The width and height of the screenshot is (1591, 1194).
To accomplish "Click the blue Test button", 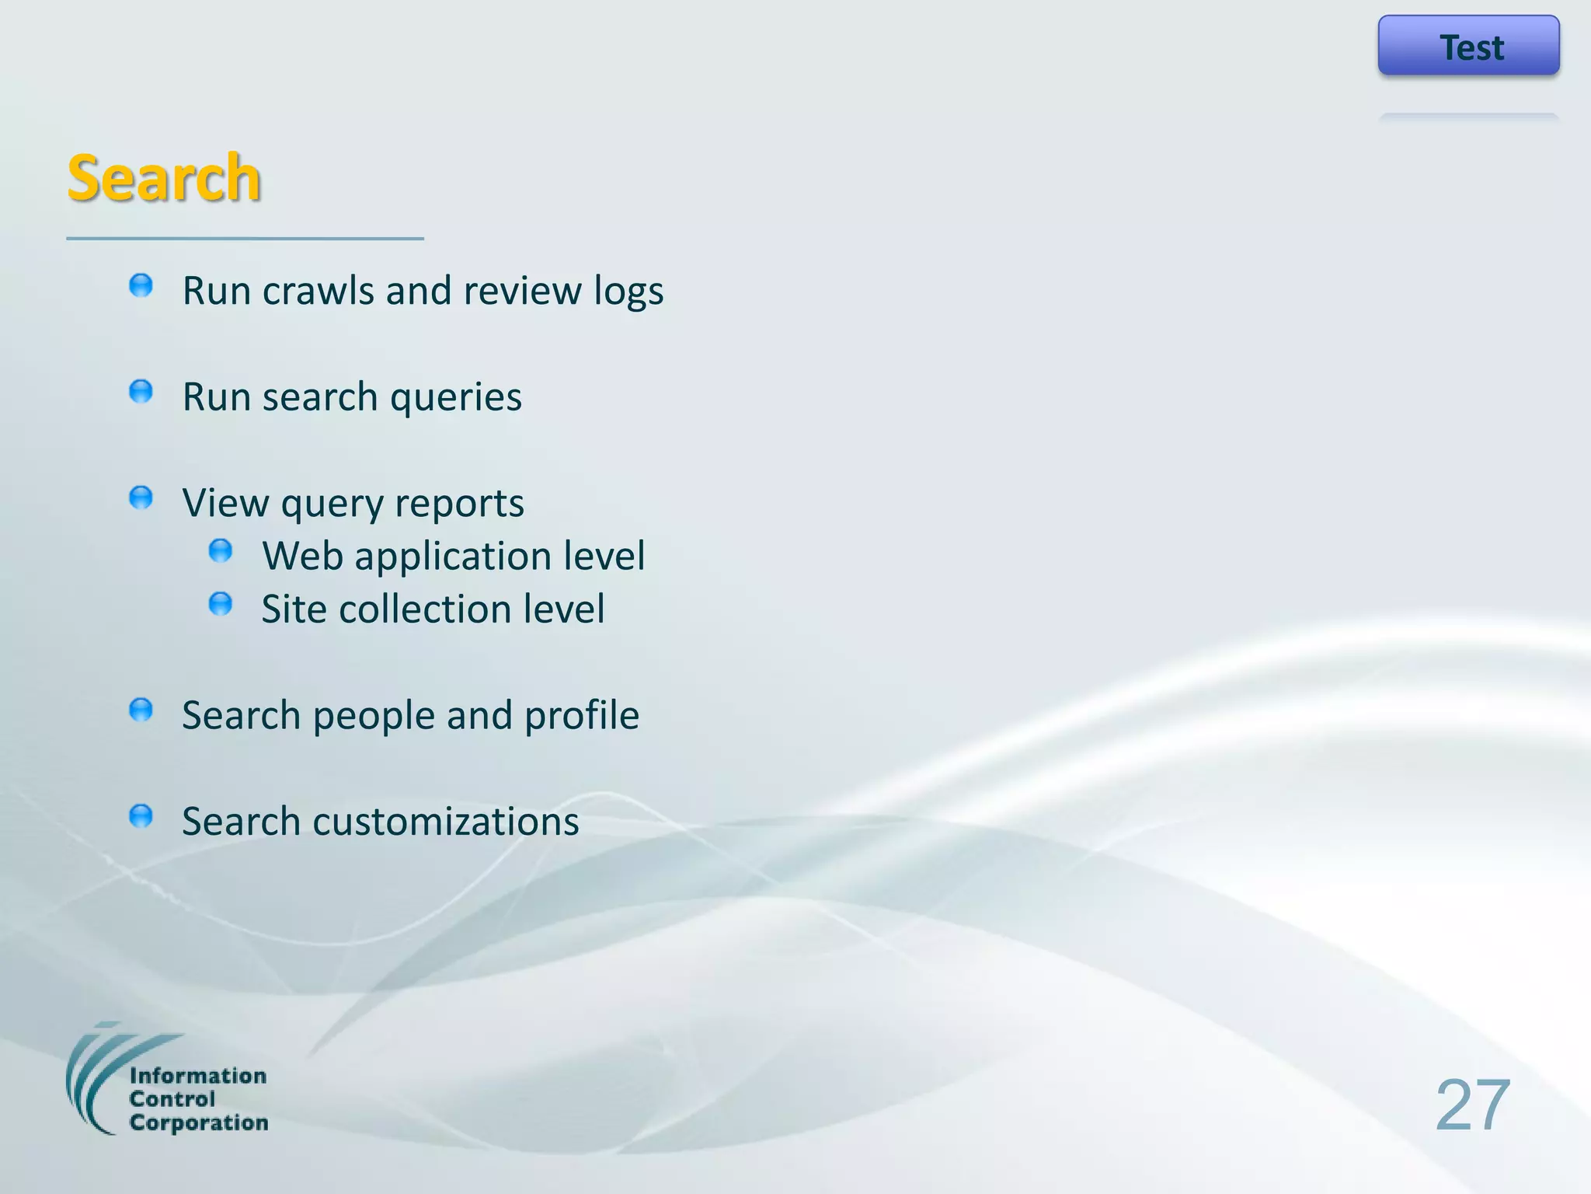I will tap(1468, 46).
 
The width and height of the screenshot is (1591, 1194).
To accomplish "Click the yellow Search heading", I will tap(164, 178).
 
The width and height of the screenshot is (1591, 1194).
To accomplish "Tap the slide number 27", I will tap(1472, 1105).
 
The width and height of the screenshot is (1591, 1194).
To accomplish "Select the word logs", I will tap(628, 292).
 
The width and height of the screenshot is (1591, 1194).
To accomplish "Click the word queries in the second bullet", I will tap(455, 398).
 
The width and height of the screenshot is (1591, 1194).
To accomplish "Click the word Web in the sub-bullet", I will tap(302, 557).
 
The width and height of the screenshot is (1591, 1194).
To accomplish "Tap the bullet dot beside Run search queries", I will tap(141, 391).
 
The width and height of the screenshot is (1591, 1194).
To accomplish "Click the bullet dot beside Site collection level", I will tap(221, 604).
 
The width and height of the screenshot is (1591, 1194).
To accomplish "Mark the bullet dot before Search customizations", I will tap(141, 816).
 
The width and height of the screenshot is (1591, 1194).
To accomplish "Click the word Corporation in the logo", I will tap(199, 1122).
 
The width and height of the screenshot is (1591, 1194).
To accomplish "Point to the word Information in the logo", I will tap(198, 1076).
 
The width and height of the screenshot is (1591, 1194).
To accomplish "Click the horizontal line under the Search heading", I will tap(245, 239).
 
